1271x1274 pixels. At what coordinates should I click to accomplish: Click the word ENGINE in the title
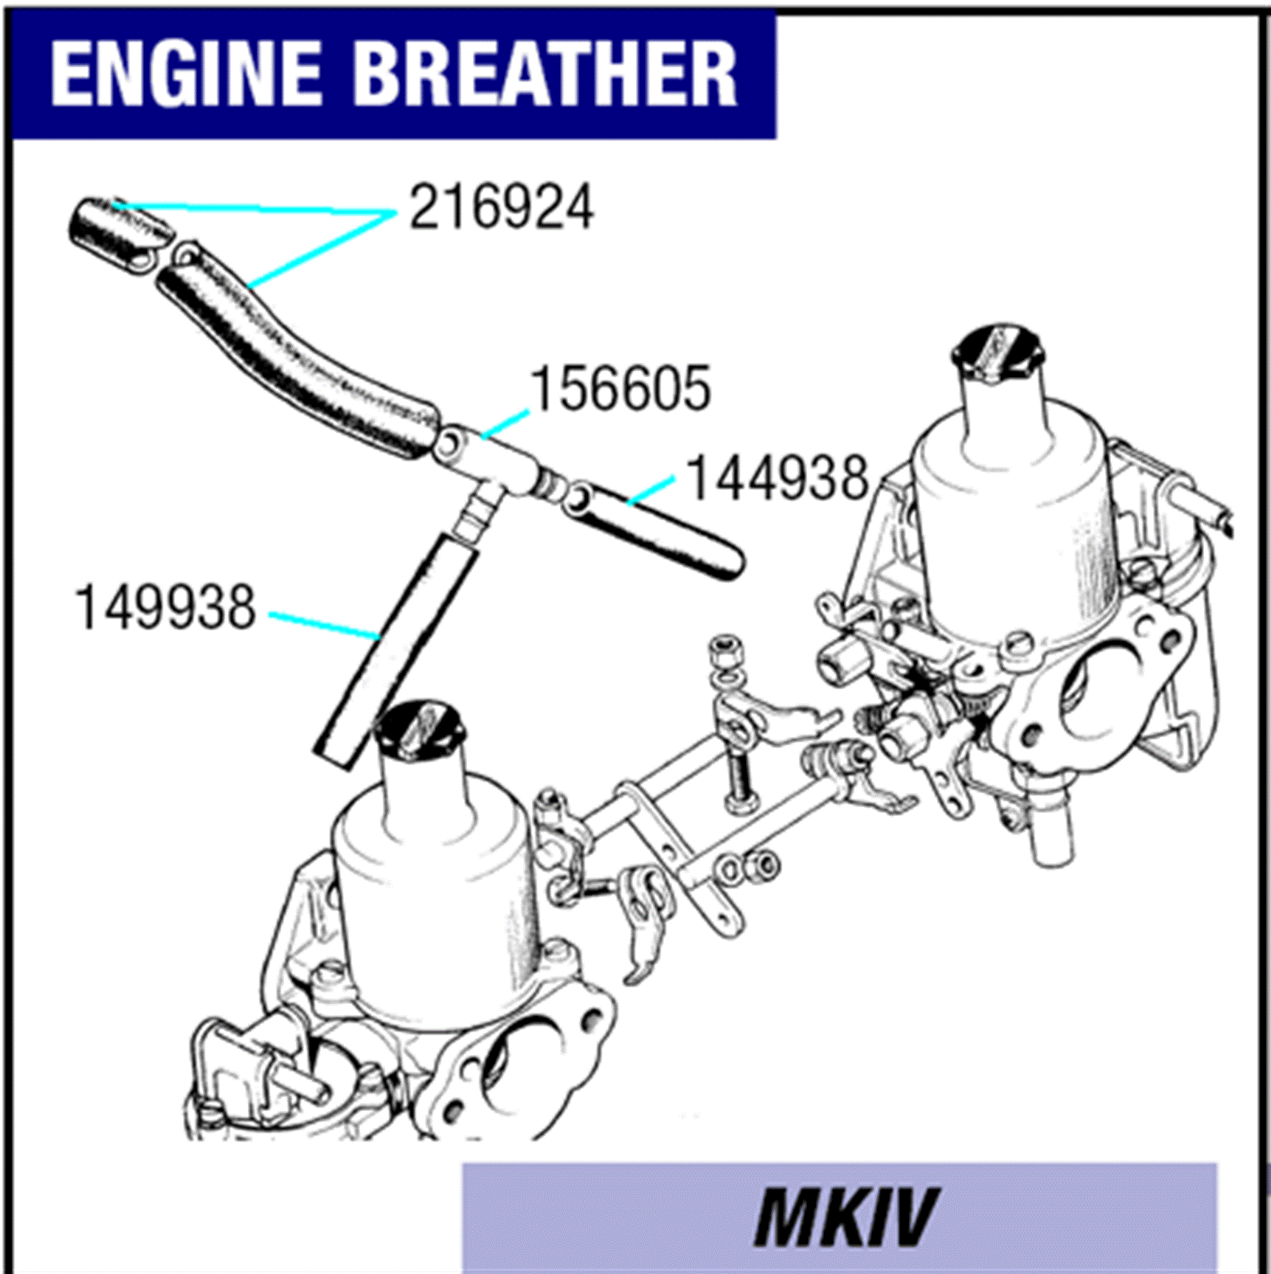point(186,74)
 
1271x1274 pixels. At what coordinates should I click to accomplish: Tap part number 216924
point(501,208)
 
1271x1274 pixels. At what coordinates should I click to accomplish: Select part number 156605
point(621,389)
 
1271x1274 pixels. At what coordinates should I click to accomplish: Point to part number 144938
point(777,478)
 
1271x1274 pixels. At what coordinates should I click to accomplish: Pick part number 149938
point(165,607)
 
